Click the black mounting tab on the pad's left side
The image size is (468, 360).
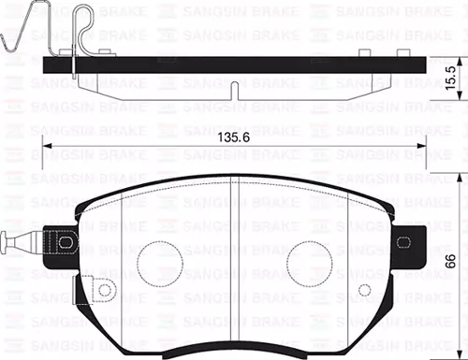tap(66, 245)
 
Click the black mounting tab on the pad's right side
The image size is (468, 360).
tap(409, 241)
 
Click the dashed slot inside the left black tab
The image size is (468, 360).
tap(67, 245)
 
